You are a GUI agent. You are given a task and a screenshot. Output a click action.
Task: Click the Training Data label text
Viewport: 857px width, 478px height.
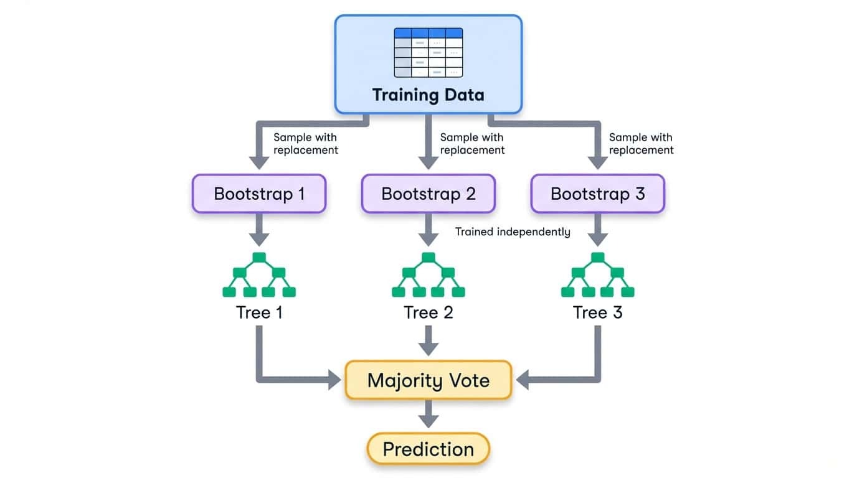(x=428, y=95)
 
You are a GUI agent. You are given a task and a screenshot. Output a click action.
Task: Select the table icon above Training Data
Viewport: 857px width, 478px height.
(x=429, y=52)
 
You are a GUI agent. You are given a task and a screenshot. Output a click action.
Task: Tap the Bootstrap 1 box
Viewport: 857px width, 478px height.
(x=259, y=194)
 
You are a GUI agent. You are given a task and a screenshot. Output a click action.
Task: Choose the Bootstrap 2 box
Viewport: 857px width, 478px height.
(x=429, y=194)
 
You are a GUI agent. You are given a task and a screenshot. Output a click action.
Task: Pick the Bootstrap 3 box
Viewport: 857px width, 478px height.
(x=598, y=194)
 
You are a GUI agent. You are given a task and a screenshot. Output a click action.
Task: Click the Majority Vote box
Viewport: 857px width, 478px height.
(x=429, y=380)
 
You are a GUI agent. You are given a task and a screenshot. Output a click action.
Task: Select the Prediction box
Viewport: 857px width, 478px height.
(x=429, y=449)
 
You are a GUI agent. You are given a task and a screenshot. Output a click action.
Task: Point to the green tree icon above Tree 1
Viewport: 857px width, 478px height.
(x=259, y=275)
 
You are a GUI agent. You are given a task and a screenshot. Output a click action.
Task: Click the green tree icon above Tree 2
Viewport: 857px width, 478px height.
(x=429, y=275)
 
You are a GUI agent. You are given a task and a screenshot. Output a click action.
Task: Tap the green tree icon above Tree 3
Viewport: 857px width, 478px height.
(x=598, y=275)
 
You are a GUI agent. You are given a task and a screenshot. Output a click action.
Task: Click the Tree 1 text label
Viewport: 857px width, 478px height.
(x=259, y=312)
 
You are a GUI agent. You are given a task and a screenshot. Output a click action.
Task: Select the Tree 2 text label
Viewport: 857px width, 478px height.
(x=429, y=312)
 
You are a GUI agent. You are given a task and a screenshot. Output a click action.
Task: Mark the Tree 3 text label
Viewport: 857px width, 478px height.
(x=598, y=312)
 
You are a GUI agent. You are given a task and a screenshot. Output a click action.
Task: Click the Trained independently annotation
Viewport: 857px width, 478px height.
(x=513, y=232)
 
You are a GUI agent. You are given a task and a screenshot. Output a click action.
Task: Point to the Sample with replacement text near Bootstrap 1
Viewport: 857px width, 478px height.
(x=306, y=144)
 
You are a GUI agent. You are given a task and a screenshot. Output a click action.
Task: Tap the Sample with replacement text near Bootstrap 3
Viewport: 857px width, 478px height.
(x=641, y=144)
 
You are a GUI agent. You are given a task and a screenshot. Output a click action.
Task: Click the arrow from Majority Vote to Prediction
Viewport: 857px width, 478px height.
(x=429, y=413)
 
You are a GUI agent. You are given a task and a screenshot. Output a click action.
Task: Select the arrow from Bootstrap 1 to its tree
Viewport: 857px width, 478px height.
(x=259, y=230)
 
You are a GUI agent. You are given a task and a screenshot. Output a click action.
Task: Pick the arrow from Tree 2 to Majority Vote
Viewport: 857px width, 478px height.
(x=429, y=340)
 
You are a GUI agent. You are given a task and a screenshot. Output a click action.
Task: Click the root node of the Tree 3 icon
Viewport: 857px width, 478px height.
(x=598, y=258)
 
